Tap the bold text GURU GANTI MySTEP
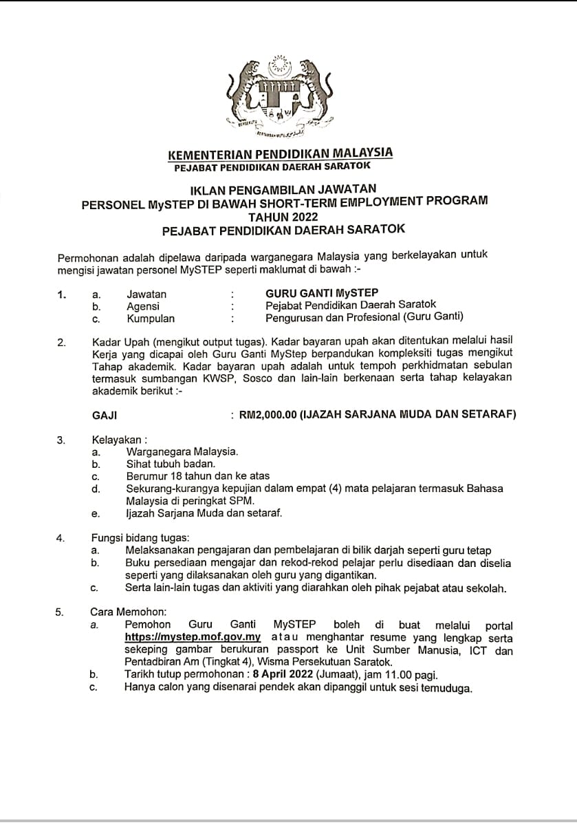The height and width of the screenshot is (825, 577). click(x=321, y=292)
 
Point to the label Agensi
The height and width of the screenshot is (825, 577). click(x=143, y=305)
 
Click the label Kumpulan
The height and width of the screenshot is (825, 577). click(x=151, y=318)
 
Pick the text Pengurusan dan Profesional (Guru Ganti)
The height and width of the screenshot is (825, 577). click(x=364, y=317)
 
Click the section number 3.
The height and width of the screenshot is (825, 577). click(x=61, y=440)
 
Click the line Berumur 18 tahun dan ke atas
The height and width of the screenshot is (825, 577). click(x=198, y=476)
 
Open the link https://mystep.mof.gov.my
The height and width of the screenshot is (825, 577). click(x=193, y=637)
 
